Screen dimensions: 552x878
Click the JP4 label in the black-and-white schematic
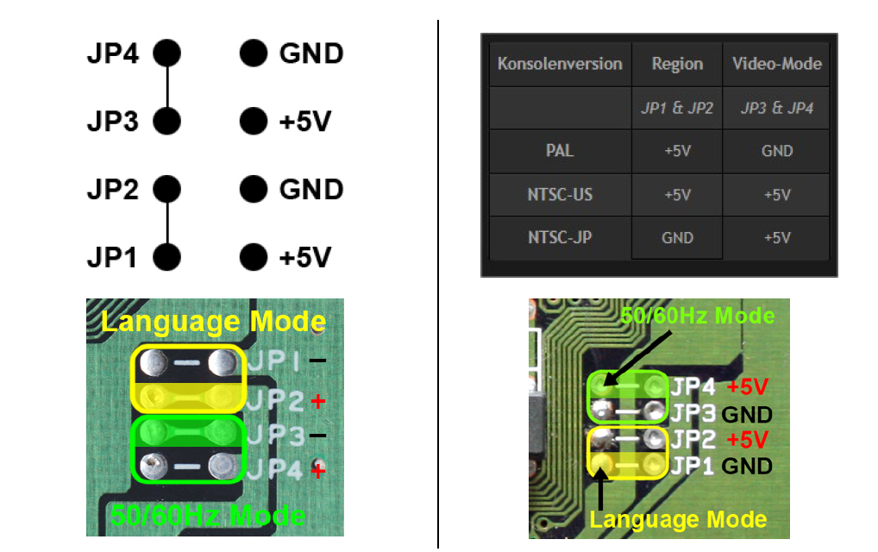tap(112, 54)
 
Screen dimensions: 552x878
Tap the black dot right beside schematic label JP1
tap(166, 256)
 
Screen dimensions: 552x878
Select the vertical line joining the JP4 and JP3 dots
tap(166, 87)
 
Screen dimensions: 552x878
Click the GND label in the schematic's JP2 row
tap(311, 189)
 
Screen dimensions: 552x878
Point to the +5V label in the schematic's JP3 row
tap(304, 122)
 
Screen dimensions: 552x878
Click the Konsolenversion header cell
tap(560, 64)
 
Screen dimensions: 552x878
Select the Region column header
tap(677, 64)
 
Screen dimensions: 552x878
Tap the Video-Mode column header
tap(776, 64)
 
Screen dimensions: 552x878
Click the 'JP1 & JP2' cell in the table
tap(677, 109)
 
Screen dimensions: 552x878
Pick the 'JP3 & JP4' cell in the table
tap(776, 109)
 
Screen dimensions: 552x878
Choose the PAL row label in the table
tap(560, 151)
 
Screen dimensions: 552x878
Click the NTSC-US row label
tap(560, 194)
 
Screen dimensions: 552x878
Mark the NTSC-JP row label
tap(560, 237)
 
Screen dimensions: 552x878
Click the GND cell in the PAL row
tap(776, 151)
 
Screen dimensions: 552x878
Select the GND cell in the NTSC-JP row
tap(677, 237)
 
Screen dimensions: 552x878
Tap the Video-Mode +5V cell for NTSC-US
tap(776, 194)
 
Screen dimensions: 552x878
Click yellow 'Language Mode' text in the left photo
tap(213, 322)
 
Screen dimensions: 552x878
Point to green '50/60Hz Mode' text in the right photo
tap(698, 316)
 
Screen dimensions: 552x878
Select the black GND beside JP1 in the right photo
tap(747, 467)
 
